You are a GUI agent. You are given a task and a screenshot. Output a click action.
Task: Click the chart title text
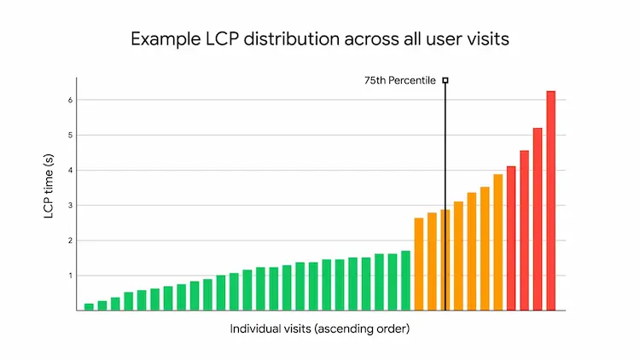tap(320, 39)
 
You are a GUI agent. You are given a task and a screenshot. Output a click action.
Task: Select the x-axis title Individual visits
tap(320, 329)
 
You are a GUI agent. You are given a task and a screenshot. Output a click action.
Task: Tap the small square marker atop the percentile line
tap(445, 80)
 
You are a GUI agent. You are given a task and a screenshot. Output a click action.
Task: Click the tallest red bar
tap(550, 200)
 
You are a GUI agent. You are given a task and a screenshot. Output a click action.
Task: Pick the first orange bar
tap(419, 264)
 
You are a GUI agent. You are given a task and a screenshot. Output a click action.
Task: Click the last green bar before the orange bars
tap(405, 281)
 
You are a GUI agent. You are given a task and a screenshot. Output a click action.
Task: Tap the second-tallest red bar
tap(538, 219)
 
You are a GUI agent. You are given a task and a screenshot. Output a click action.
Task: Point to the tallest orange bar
tap(498, 242)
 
